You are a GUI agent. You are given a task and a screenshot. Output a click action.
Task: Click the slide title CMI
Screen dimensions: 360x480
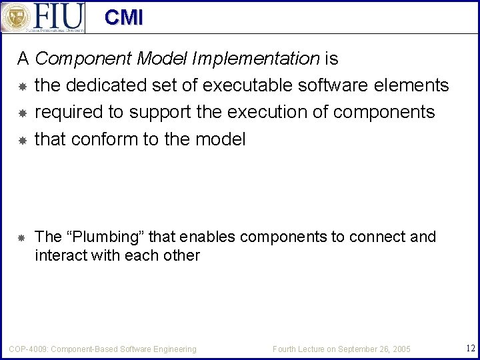click(123, 17)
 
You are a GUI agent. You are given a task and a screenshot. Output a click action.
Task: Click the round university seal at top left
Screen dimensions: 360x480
click(16, 17)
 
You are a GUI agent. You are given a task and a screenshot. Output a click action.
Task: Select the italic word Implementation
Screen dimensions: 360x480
click(255, 59)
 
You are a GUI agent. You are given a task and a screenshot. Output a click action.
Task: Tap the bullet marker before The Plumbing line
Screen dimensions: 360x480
click(21, 237)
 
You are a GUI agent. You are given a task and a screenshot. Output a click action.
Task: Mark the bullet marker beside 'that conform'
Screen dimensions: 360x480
click(21, 139)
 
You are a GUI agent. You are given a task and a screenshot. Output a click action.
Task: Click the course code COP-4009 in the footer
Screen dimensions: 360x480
click(27, 349)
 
